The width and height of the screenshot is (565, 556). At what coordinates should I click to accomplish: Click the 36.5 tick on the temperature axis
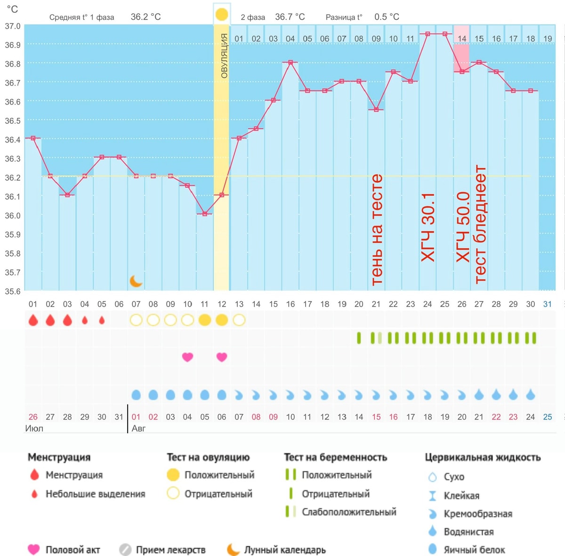tap(12, 121)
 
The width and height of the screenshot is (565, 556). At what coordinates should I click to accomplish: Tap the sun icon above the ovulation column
tap(222, 15)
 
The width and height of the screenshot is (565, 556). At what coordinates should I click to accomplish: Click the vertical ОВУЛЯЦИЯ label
tap(224, 56)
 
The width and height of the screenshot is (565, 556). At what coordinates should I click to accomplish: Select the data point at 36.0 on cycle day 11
tap(205, 214)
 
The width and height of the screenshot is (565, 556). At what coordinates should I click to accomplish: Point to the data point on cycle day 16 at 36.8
tap(291, 63)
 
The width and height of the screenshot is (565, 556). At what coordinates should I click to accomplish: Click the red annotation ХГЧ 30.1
tap(428, 227)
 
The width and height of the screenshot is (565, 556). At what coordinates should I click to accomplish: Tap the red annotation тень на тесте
tap(377, 230)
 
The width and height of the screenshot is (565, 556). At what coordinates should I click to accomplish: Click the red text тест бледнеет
tap(480, 225)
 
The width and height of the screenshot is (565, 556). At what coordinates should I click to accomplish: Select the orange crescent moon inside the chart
tap(136, 281)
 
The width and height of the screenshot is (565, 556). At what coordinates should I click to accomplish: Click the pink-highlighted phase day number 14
tap(462, 39)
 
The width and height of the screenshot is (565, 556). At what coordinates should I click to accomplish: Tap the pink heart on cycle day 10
tap(188, 357)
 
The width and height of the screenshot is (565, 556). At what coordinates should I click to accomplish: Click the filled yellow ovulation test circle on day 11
tap(205, 320)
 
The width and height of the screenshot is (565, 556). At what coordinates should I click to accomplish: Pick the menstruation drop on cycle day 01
tap(33, 320)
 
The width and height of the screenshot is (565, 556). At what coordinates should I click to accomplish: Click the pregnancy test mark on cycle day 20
tap(359, 338)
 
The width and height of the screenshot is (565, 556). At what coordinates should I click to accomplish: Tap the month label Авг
tap(138, 428)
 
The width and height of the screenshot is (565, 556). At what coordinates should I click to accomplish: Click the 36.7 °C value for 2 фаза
tap(290, 17)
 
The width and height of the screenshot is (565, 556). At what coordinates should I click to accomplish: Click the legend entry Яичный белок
tap(474, 549)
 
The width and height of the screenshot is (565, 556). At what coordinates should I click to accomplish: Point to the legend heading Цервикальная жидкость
tap(483, 457)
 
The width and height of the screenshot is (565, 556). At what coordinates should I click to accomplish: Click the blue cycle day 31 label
tap(548, 304)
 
